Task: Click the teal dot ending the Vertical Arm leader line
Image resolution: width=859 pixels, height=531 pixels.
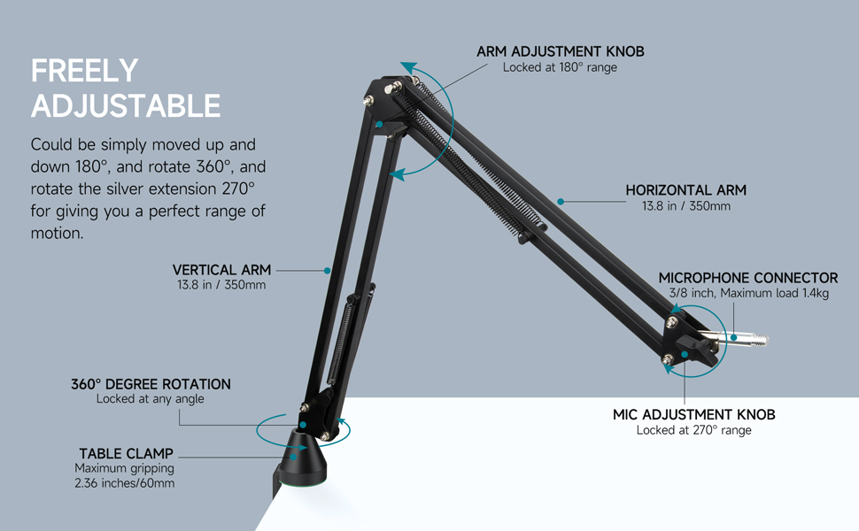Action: pos(327,271)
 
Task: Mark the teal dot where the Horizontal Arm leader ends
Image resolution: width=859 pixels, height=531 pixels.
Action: pos(561,202)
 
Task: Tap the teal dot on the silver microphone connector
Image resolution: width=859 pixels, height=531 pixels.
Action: pos(733,338)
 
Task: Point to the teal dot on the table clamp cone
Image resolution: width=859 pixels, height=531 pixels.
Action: pos(294,457)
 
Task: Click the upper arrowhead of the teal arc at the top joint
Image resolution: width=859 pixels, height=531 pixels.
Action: pos(408,68)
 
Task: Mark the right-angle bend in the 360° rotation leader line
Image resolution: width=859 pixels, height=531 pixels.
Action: pos(180,425)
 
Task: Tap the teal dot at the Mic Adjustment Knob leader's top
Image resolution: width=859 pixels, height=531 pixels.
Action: pos(685,354)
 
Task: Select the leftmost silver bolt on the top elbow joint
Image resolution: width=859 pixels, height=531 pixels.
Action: pos(368,101)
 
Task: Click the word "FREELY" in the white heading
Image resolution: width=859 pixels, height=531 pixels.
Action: pos(84,71)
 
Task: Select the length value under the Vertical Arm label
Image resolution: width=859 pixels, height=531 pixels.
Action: pos(221,285)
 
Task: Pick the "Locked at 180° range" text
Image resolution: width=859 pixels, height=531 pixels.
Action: pos(560,67)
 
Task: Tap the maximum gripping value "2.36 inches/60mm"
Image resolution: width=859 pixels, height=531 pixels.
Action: pos(124,483)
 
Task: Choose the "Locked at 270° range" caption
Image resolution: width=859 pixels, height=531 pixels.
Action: pos(693,430)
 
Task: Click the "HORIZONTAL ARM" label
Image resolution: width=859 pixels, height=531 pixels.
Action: pos(686,190)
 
